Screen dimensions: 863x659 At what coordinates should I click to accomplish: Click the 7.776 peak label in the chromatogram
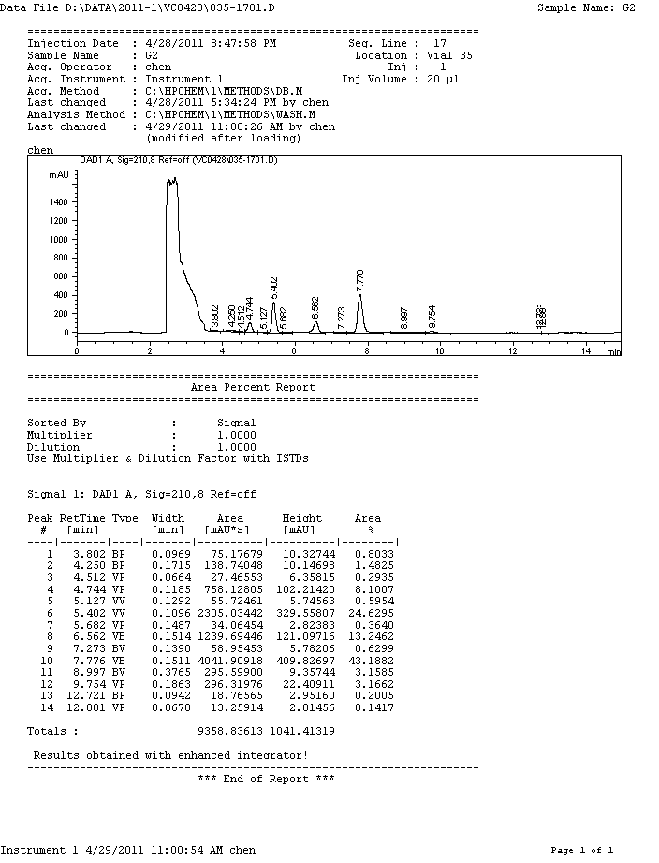point(360,278)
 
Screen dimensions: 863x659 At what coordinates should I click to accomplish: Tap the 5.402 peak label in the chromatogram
point(273,287)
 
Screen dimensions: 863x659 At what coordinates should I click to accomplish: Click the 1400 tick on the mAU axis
point(58,201)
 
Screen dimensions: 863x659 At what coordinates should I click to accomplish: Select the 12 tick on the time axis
point(513,350)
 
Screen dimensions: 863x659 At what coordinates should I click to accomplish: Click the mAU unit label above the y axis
point(59,174)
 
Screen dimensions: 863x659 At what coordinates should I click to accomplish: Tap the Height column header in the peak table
point(301,518)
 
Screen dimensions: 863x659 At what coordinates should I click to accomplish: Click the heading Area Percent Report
point(253,387)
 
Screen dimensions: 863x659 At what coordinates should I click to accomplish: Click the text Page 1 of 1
point(581,850)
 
